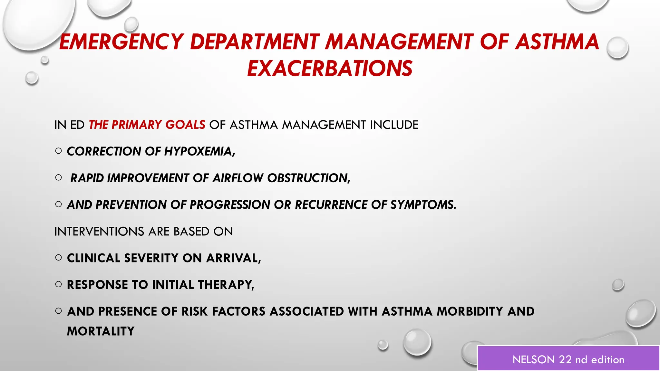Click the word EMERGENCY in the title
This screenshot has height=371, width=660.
pos(121,42)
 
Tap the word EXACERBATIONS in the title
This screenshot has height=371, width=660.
pos(330,69)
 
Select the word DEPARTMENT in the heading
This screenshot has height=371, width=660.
pos(255,42)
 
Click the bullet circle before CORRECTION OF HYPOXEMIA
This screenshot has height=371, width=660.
pos(58,151)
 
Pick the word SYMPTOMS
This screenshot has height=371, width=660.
pos(423,205)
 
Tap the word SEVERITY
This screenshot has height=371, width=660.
pos(151,258)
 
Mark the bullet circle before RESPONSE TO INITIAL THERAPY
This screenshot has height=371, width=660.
pos(58,284)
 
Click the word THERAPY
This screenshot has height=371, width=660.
pos(226,285)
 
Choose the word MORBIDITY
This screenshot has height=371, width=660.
pos(470,311)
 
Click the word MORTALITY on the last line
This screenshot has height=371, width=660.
pos(101,331)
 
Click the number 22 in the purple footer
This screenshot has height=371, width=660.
pos(565,360)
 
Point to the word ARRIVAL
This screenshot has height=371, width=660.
pos(233,258)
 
